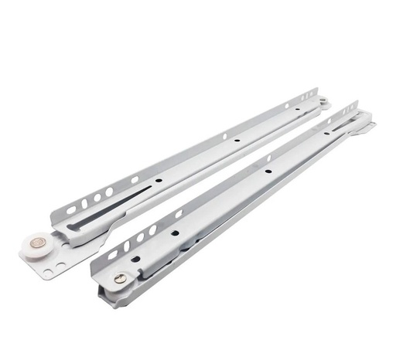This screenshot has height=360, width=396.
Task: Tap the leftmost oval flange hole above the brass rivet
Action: coord(112,254)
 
